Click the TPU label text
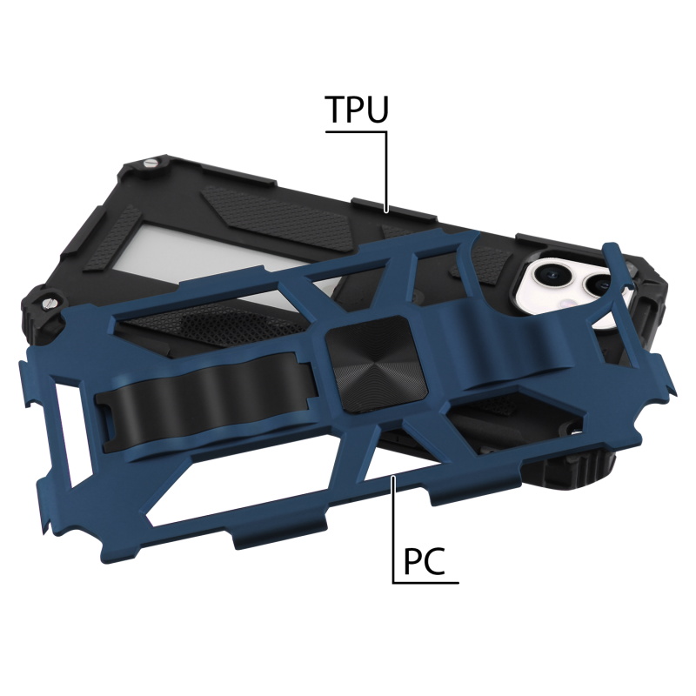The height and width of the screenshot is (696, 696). tap(358, 109)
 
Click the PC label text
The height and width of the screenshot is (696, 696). tap(424, 561)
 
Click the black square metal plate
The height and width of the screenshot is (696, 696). tap(377, 363)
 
